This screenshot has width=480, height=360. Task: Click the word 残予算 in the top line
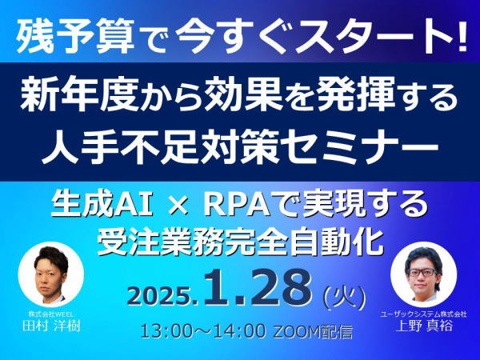tap(75, 36)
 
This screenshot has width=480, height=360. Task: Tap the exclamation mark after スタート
tap(462, 35)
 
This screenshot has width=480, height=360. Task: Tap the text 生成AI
tap(102, 205)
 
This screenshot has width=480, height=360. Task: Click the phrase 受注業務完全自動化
tap(240, 242)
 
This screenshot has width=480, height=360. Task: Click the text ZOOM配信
tap(312, 331)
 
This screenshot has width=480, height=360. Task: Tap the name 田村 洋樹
tap(51, 325)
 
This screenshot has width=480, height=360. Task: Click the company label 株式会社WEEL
tap(51, 314)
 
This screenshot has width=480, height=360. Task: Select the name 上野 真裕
tap(424, 325)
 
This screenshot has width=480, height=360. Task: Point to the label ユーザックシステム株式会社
tap(424, 314)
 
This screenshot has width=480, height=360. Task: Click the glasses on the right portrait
tap(423, 272)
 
